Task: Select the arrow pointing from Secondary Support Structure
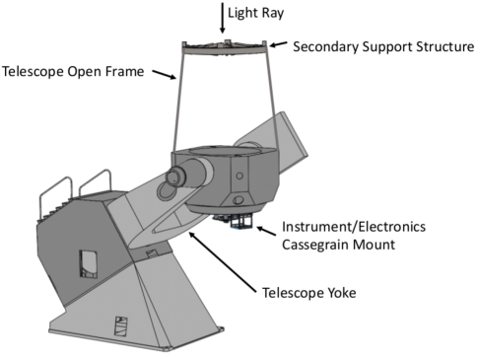tap(279, 44)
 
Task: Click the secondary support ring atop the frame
tap(225, 44)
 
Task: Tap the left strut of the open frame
tap(178, 99)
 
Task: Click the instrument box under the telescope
tap(236, 223)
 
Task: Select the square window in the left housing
tap(88, 261)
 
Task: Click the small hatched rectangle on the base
tap(120, 324)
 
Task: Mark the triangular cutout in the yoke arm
tap(177, 213)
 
